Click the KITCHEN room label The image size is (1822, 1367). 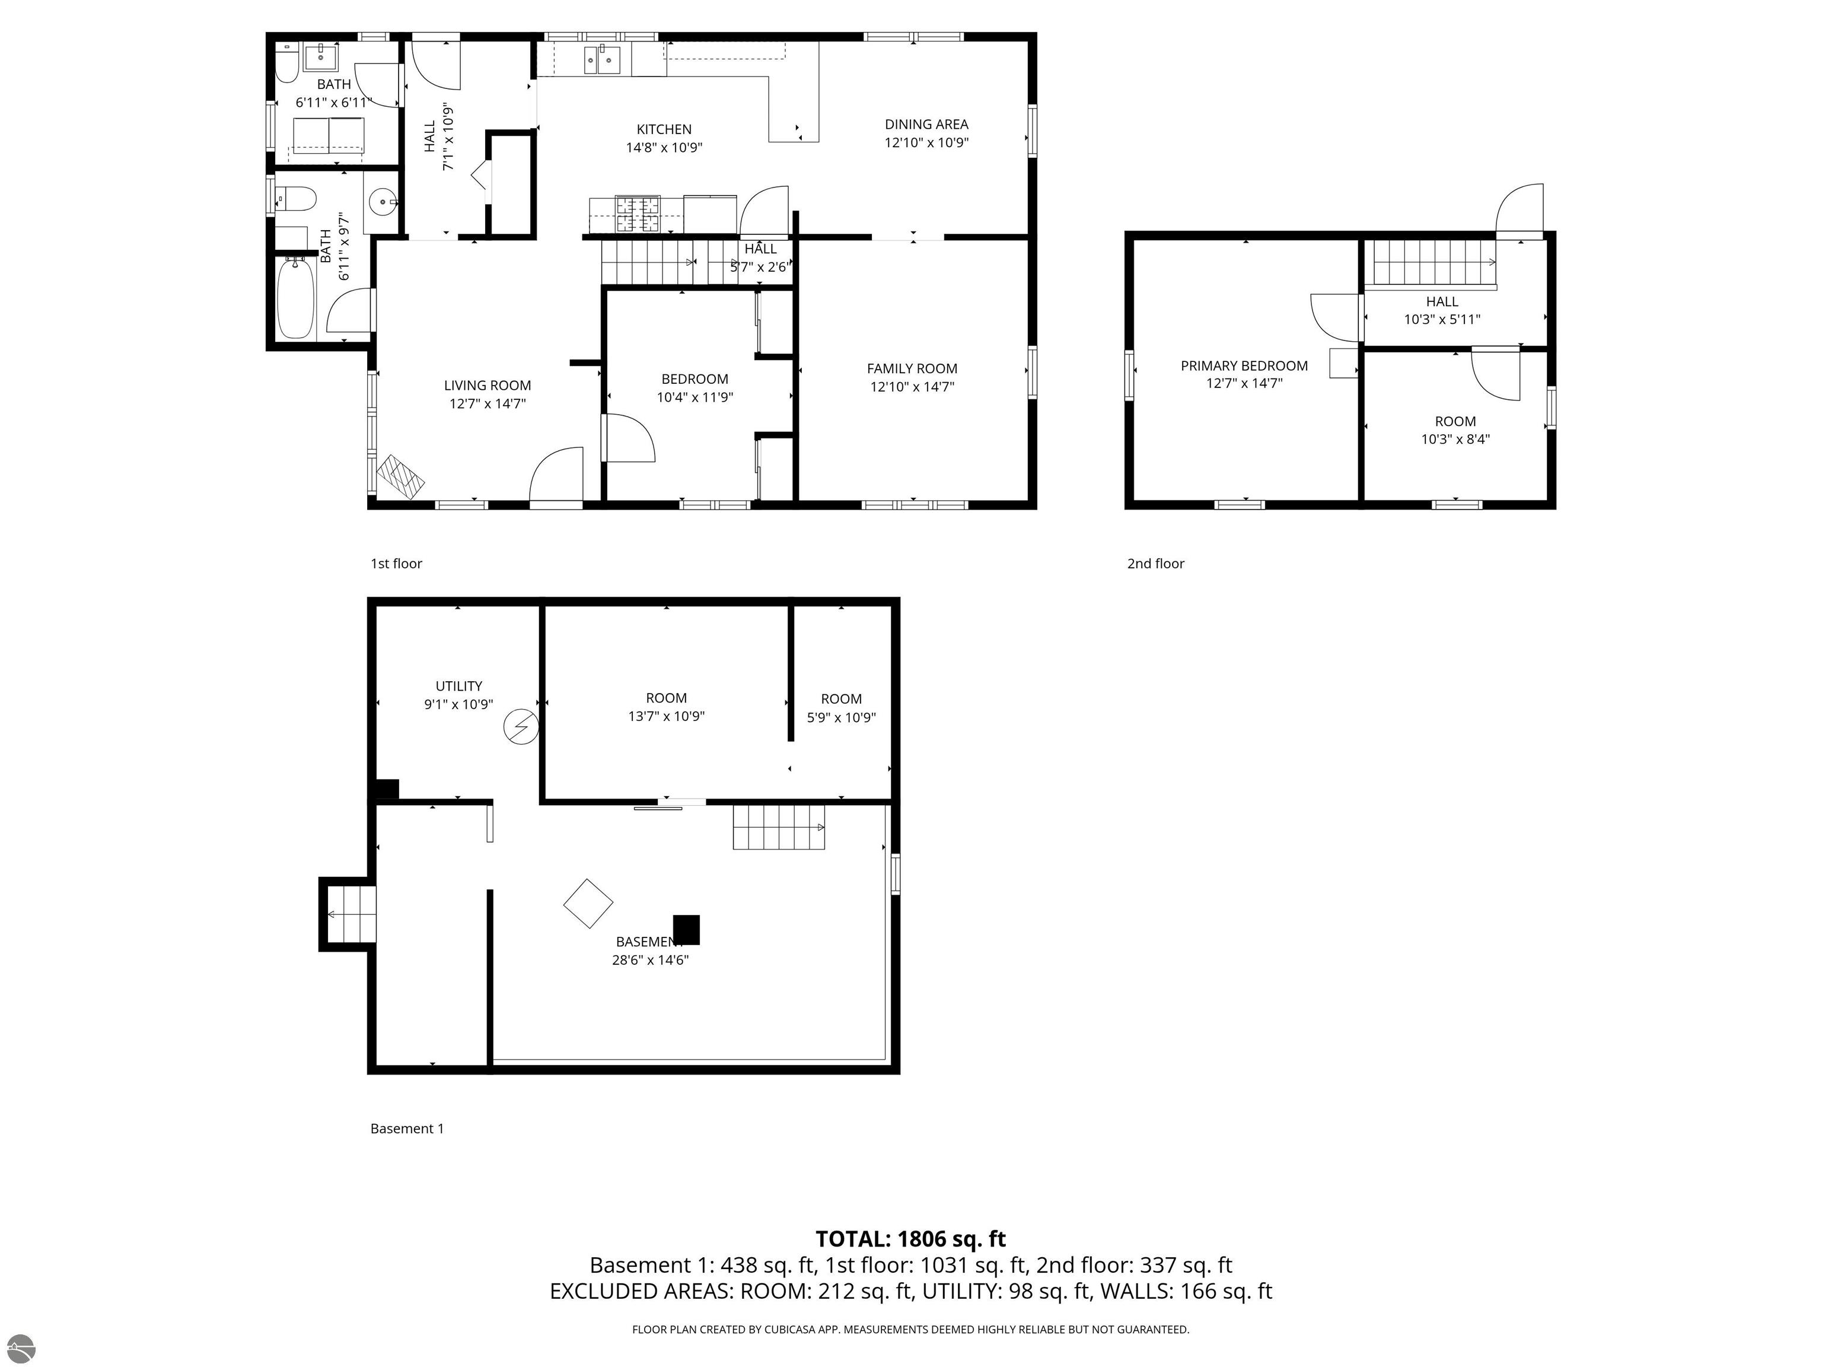664,129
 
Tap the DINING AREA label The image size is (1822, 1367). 926,125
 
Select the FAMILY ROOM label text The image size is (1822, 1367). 912,369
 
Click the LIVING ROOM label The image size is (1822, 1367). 488,386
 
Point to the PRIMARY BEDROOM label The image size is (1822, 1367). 1244,366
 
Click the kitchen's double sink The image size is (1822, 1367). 602,59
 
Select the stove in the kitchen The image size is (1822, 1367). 638,214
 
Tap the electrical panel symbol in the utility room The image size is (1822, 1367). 521,727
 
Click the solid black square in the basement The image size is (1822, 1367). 686,930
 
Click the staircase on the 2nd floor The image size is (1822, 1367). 1433,262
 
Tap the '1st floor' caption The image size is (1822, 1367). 396,564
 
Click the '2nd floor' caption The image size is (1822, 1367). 1155,564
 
